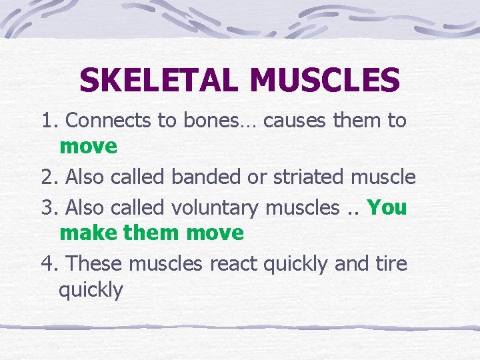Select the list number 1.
click(49, 121)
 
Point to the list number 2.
click(49, 177)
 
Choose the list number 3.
click(49, 208)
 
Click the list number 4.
click(49, 264)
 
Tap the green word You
click(387, 208)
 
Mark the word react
click(233, 264)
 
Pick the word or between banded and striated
click(255, 177)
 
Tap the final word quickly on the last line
click(91, 291)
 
